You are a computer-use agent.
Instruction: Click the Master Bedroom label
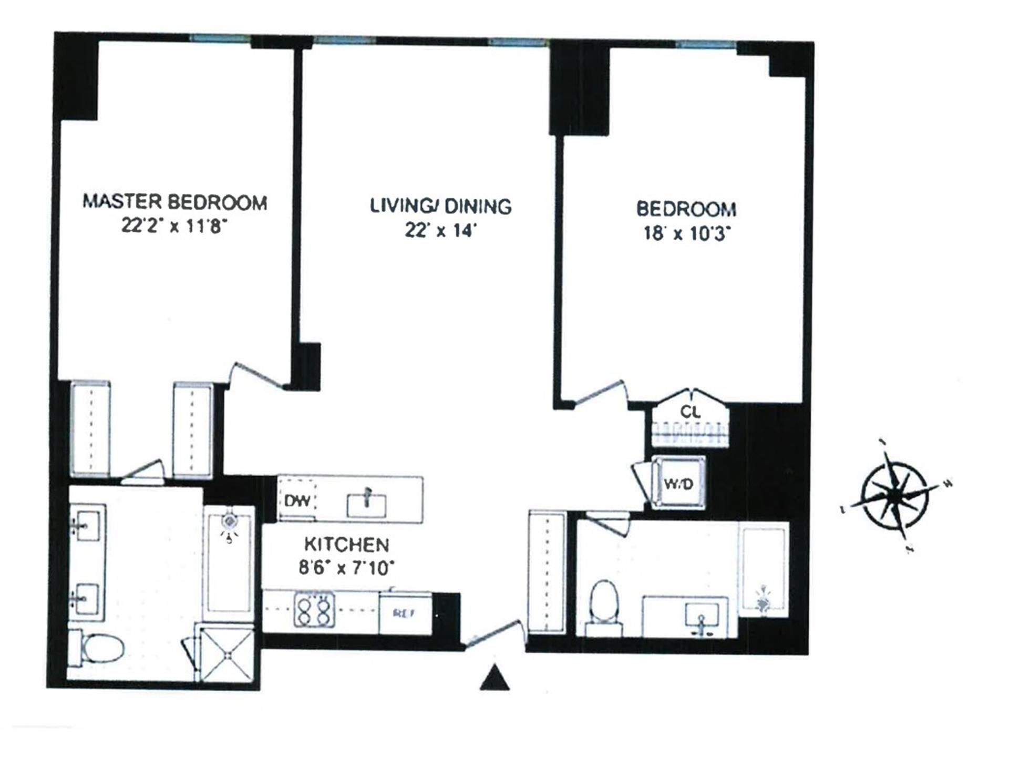click(175, 202)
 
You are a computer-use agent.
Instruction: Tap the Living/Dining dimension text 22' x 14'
click(440, 230)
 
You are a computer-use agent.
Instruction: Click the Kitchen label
click(347, 545)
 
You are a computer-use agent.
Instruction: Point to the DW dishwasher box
click(297, 500)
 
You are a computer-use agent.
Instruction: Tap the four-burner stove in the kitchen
click(314, 610)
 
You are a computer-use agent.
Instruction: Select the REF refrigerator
click(405, 613)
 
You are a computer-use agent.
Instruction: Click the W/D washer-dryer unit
click(678, 483)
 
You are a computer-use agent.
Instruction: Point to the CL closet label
click(690, 412)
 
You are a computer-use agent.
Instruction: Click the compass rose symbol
click(895, 495)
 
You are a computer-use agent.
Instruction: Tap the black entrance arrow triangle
click(495, 678)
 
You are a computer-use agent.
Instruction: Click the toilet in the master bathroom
click(97, 648)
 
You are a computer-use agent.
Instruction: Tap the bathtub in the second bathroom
click(763, 570)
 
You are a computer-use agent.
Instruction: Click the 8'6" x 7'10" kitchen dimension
click(347, 568)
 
